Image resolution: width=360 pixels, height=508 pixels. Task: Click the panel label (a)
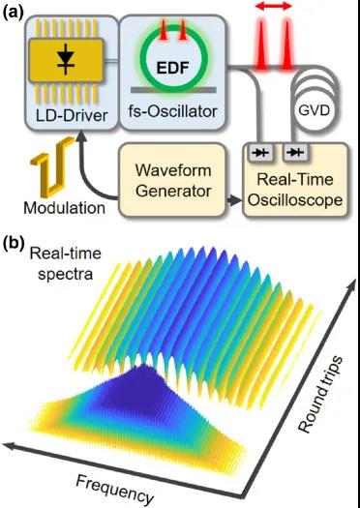tap(13, 13)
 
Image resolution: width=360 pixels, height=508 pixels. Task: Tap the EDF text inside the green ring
tap(172, 68)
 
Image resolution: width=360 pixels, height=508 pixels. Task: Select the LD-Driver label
tap(72, 115)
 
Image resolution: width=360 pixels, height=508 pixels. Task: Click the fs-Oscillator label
tap(172, 112)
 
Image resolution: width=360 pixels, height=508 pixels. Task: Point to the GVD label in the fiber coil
tap(314, 111)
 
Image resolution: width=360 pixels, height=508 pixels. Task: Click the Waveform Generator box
tap(172, 180)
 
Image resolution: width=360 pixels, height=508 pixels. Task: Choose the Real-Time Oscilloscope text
tap(295, 190)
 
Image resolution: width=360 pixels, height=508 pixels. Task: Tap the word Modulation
tap(65, 208)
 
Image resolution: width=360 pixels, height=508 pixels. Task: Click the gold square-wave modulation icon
tap(52, 166)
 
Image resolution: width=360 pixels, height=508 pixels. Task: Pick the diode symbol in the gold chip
tap(66, 60)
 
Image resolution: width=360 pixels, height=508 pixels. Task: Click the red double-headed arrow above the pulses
tap(274, 6)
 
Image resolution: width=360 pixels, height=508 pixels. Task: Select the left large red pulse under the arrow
tap(261, 45)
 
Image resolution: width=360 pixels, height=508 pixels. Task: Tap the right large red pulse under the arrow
tap(286, 45)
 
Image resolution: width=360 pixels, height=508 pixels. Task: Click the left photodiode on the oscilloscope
tap(261, 152)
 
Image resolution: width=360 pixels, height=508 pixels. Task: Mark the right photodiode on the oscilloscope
tap(295, 152)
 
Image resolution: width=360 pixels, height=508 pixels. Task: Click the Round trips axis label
tap(320, 394)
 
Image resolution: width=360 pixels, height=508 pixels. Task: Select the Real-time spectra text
tap(66, 263)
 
